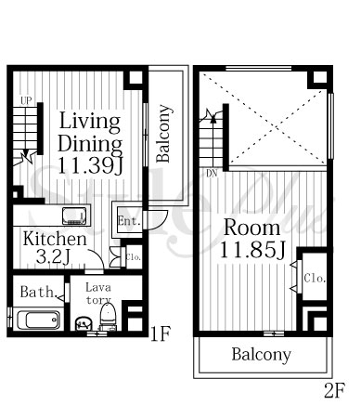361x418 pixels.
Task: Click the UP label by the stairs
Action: click(x=26, y=100)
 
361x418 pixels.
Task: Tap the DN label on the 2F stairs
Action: click(x=212, y=174)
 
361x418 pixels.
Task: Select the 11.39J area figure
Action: click(x=90, y=165)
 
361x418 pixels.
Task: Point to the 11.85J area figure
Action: click(x=252, y=250)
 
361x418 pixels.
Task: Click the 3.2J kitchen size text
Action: click(x=53, y=256)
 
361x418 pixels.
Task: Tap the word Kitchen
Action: click(x=55, y=239)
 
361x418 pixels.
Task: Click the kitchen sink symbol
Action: click(x=74, y=216)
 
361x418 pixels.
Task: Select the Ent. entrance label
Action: click(x=128, y=221)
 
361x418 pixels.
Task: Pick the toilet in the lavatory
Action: click(x=108, y=316)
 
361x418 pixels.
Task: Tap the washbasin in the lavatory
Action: click(x=84, y=323)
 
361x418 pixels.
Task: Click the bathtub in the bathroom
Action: click(x=38, y=320)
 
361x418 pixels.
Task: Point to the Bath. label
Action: click(x=37, y=292)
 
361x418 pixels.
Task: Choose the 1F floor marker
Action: click(x=160, y=334)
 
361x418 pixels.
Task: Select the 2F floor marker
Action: click(x=335, y=391)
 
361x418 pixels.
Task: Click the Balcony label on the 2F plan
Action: click(x=262, y=355)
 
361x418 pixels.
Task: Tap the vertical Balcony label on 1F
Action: click(x=163, y=134)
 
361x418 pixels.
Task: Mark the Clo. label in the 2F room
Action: click(x=315, y=278)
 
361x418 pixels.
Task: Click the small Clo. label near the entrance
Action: click(x=134, y=257)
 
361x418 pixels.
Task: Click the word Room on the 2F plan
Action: click(x=251, y=228)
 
